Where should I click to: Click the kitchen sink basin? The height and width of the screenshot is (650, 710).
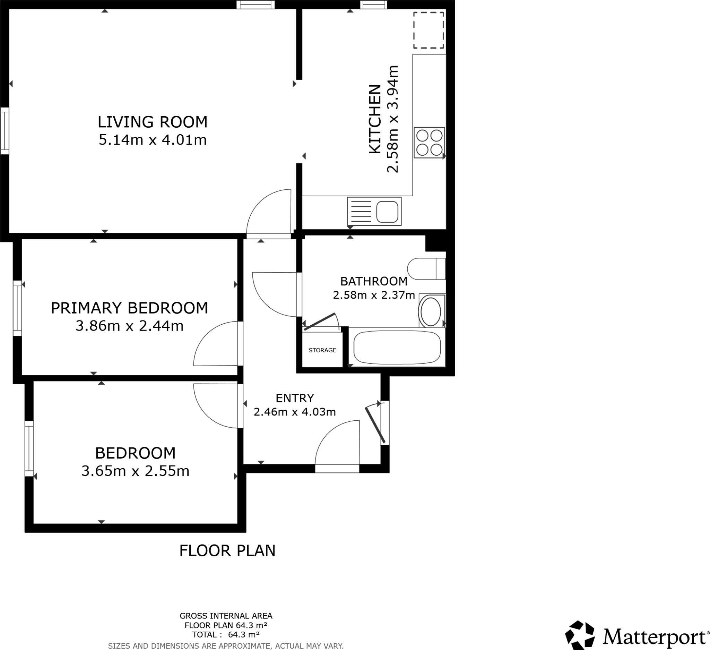(387, 212)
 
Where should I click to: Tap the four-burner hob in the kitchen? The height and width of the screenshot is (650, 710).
(429, 143)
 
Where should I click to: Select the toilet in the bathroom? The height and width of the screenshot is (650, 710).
(426, 269)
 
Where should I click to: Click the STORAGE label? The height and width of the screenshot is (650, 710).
(322, 350)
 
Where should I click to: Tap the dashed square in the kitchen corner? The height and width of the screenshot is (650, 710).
(428, 30)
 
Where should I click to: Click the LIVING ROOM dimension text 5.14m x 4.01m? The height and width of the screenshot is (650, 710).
(153, 140)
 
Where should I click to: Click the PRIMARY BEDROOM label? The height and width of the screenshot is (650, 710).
(129, 308)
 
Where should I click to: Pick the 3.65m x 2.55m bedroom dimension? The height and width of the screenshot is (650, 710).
(135, 471)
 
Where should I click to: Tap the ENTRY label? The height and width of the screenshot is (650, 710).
(294, 398)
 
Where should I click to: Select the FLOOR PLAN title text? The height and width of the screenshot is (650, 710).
(227, 551)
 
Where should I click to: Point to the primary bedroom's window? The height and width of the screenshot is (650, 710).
(17, 308)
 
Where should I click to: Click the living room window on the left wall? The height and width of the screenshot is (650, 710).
(5, 131)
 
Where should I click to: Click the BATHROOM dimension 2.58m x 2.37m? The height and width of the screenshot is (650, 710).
(374, 295)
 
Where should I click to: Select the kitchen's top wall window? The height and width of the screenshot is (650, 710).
(373, 5)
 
